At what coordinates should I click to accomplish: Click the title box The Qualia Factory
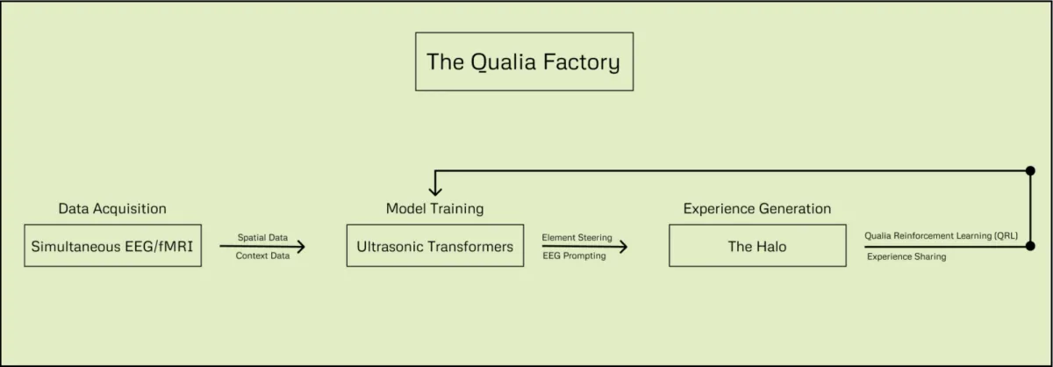[524, 62]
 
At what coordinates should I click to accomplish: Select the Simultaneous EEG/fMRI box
[112, 247]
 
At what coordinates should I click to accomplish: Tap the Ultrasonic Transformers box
[434, 247]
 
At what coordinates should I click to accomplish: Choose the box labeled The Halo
[757, 247]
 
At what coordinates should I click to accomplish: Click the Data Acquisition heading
[112, 209]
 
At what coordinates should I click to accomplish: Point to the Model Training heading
[434, 209]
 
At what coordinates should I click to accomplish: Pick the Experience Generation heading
[757, 209]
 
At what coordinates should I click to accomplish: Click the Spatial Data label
[262, 238]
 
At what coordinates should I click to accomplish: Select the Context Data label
[262, 256]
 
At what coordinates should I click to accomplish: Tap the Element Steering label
[577, 238]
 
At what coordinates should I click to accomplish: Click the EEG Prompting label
[574, 256]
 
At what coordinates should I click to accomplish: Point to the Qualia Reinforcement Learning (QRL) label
[941, 236]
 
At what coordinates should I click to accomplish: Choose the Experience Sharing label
[906, 257]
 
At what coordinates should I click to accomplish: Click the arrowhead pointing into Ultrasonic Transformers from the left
[300, 248]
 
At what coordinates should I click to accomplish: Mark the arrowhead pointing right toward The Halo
[623, 248]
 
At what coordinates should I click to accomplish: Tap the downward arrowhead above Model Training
[435, 189]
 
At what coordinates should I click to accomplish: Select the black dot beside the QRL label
[1029, 248]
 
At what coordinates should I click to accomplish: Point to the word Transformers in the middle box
[470, 247]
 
